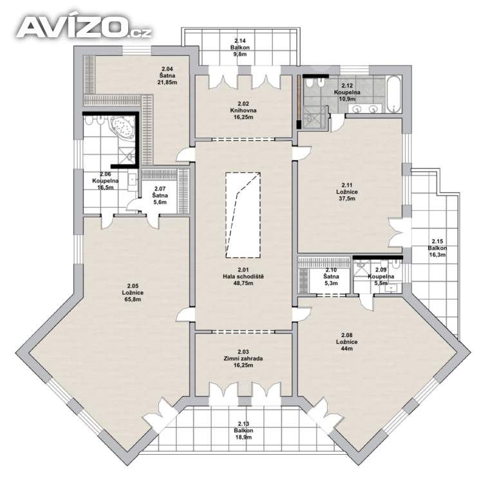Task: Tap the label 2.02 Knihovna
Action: (x=243, y=110)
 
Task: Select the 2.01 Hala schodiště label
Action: (x=243, y=277)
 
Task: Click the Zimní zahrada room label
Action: (x=243, y=358)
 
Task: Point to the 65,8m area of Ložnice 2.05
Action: (x=133, y=299)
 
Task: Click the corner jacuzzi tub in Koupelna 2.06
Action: (x=122, y=126)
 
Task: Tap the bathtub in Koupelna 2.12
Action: (x=394, y=94)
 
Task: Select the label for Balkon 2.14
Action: (x=240, y=47)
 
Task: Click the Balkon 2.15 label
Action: (x=437, y=248)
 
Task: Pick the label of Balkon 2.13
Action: (x=243, y=430)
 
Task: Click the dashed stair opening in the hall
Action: (x=243, y=215)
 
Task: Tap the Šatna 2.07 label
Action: (x=160, y=196)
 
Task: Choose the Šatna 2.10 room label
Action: (x=331, y=277)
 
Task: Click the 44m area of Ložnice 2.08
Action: (x=347, y=349)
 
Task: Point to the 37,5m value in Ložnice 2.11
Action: (x=347, y=199)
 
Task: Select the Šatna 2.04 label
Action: (x=167, y=76)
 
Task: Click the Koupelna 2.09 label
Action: (x=381, y=277)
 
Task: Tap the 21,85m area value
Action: (x=167, y=82)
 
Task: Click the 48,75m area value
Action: (x=243, y=283)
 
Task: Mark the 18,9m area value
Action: (x=243, y=437)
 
